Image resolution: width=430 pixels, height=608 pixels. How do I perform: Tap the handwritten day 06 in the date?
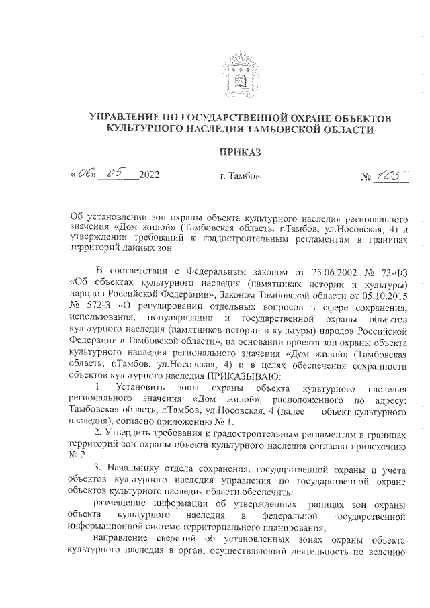(x=83, y=176)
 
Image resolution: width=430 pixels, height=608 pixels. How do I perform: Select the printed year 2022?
(x=149, y=177)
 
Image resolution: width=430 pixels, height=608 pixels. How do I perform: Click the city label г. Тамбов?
(x=240, y=177)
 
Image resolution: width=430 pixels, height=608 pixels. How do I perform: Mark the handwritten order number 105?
(x=386, y=176)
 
